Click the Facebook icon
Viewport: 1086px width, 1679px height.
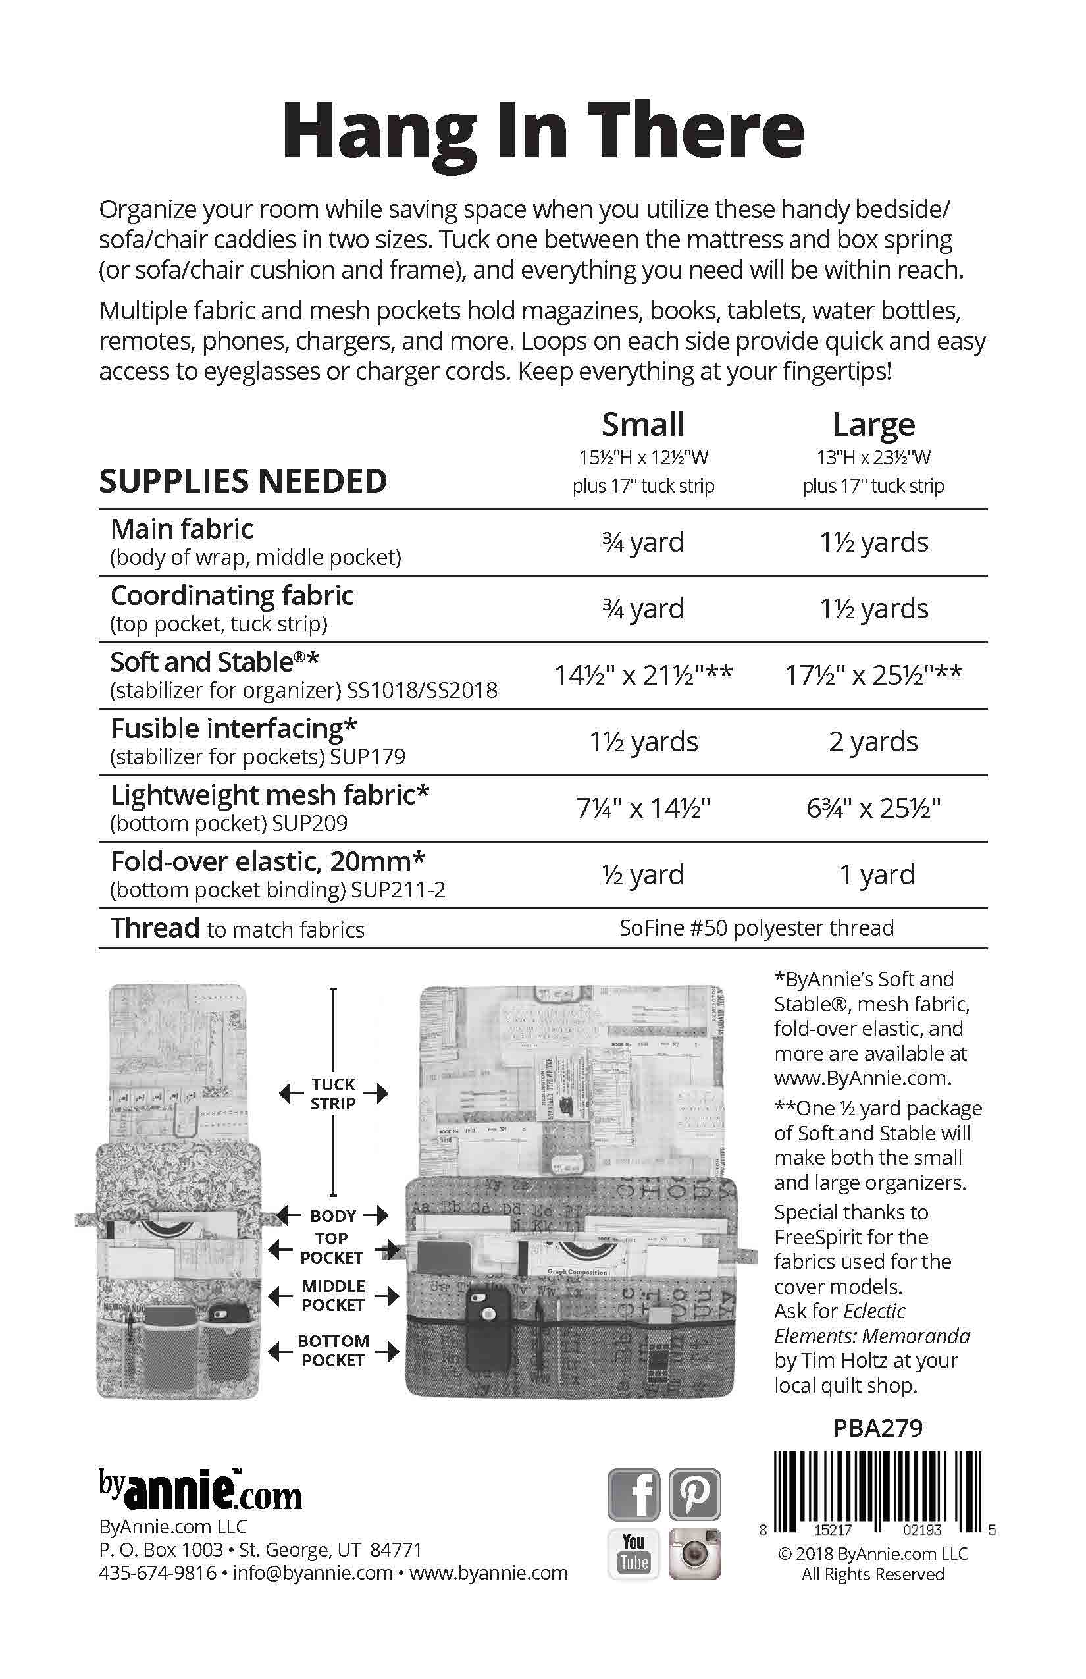(634, 1493)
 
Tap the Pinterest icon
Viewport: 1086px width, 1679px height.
(694, 1493)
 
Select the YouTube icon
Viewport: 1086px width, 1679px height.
(634, 1553)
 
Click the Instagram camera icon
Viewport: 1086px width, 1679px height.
(694, 1553)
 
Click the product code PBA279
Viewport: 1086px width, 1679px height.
(878, 1428)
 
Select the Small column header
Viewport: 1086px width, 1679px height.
(643, 425)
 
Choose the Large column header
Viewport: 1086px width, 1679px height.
(873, 425)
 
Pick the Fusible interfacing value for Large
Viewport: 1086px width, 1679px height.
(873, 741)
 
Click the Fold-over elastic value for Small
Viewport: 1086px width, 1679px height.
(643, 875)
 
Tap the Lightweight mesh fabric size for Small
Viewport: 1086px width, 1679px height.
(643, 808)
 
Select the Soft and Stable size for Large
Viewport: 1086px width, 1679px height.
(873, 675)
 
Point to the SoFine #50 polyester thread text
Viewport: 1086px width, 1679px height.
(757, 928)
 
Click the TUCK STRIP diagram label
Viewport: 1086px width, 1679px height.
(334, 1094)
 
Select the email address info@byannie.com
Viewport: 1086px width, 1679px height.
(313, 1573)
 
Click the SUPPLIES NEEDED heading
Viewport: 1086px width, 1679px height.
(244, 481)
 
